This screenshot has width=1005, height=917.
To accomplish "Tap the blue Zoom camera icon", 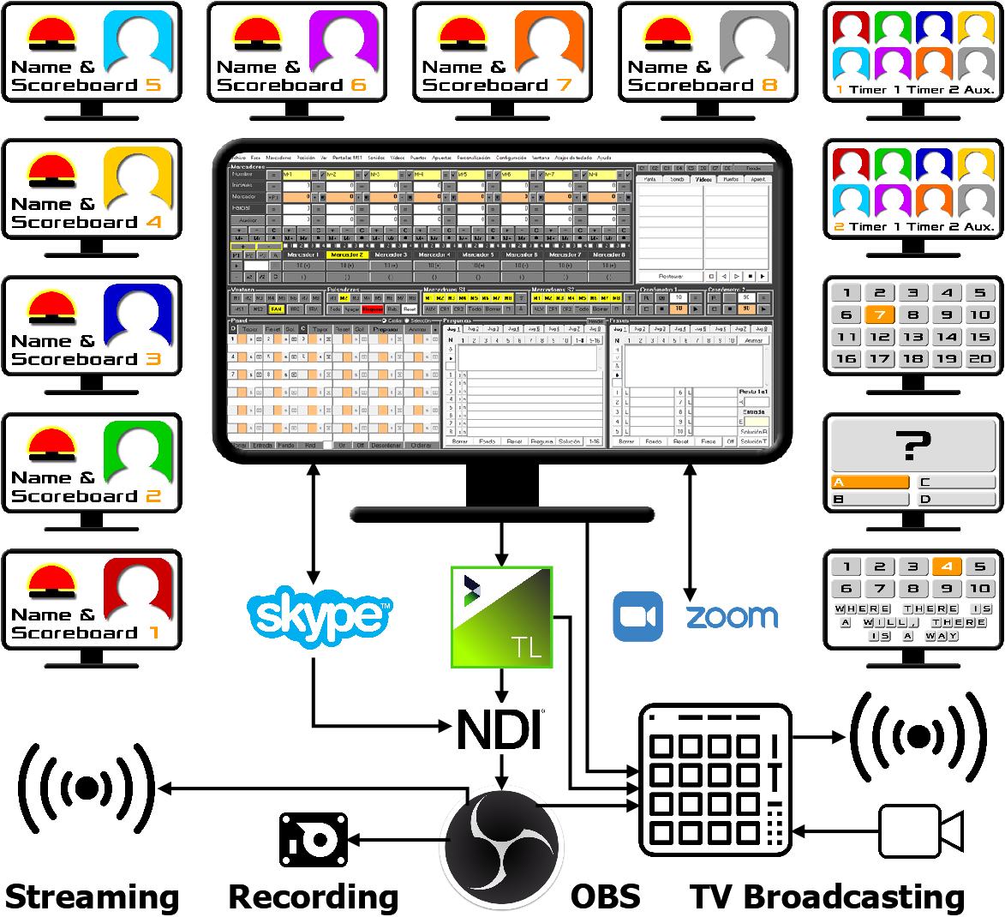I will tap(638, 616).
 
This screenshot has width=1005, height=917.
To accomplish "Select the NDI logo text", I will tap(500, 730).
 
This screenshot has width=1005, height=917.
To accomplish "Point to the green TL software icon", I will tap(502, 617).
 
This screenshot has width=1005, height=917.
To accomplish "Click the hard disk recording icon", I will tap(314, 840).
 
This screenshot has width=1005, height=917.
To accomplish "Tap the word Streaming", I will tap(93, 896).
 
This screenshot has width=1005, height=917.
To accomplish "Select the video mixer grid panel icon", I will tap(715, 780).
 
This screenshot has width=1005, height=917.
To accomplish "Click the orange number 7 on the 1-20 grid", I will tap(880, 315).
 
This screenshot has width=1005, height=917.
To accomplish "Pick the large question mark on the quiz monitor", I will tap(913, 447).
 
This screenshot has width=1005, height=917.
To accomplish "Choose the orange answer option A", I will tap(870, 482).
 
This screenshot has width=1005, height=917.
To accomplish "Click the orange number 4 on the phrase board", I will tap(947, 566).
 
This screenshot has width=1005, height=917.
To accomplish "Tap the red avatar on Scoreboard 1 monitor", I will tap(138, 589).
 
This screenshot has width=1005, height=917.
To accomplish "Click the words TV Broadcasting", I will tap(828, 896).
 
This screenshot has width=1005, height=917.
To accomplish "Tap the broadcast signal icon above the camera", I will tap(918, 736).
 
